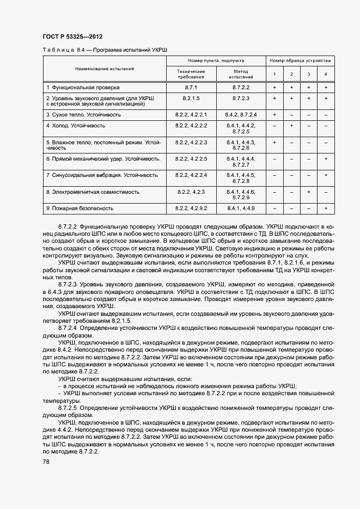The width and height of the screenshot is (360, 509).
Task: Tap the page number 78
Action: (x=46, y=462)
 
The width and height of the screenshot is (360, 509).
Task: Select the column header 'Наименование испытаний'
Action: (x=105, y=69)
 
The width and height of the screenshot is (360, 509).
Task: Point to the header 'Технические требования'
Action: (x=191, y=74)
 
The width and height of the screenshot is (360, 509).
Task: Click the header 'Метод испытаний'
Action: (x=241, y=74)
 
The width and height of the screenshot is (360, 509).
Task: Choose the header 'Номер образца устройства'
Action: (x=300, y=61)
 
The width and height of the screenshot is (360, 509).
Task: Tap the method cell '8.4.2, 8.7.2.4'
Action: (x=241, y=115)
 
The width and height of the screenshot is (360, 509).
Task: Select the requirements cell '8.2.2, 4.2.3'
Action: (x=191, y=192)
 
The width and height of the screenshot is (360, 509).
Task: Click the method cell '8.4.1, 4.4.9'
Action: (x=241, y=208)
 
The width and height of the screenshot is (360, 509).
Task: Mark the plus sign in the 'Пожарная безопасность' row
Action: (x=326, y=208)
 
